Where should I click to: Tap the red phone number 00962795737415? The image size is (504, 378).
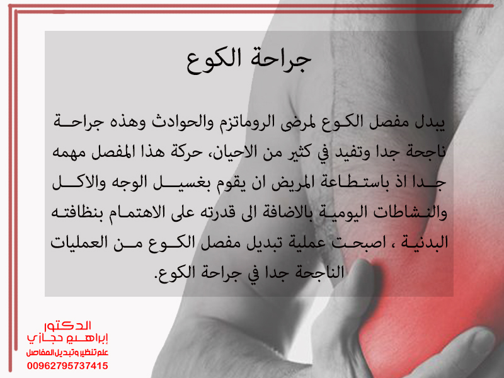click(67, 366)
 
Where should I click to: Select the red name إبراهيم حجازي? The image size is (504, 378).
click(67, 338)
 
